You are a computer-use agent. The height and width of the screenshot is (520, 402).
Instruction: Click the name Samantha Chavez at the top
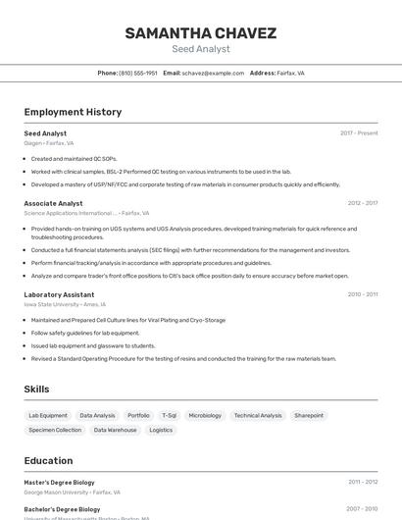tap(200, 33)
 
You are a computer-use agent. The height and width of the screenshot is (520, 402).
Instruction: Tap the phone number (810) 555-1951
tap(137, 73)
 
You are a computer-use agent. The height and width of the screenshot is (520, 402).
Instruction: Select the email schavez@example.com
tap(212, 73)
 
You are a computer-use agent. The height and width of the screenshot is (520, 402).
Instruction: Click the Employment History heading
tap(73, 112)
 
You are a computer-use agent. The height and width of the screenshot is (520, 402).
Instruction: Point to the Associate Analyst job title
tap(53, 203)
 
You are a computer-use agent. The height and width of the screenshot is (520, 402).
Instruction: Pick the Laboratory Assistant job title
tap(59, 294)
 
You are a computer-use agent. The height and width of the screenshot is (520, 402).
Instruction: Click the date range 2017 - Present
tap(359, 133)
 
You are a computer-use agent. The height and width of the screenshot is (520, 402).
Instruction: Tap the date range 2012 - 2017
tap(362, 203)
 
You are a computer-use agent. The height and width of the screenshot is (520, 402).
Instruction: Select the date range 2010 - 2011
tap(362, 294)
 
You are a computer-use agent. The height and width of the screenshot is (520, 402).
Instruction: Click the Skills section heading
tap(36, 390)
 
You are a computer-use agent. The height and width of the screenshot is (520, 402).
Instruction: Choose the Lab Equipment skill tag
tap(48, 415)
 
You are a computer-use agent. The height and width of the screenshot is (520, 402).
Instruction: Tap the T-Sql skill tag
tap(169, 415)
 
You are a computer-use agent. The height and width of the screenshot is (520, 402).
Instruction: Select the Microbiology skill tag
tap(205, 415)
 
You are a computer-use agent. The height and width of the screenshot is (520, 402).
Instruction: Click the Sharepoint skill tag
tap(309, 415)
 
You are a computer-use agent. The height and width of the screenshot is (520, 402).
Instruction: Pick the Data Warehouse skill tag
tap(116, 430)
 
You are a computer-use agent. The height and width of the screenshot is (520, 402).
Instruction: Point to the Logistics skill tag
tap(161, 430)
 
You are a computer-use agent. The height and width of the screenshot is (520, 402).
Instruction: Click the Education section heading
tap(48, 460)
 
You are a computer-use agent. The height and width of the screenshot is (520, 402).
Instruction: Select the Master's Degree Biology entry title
tap(59, 483)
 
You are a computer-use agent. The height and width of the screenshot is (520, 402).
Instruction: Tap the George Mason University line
tap(72, 493)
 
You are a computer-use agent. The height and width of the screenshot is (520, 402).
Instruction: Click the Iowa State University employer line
tap(65, 304)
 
